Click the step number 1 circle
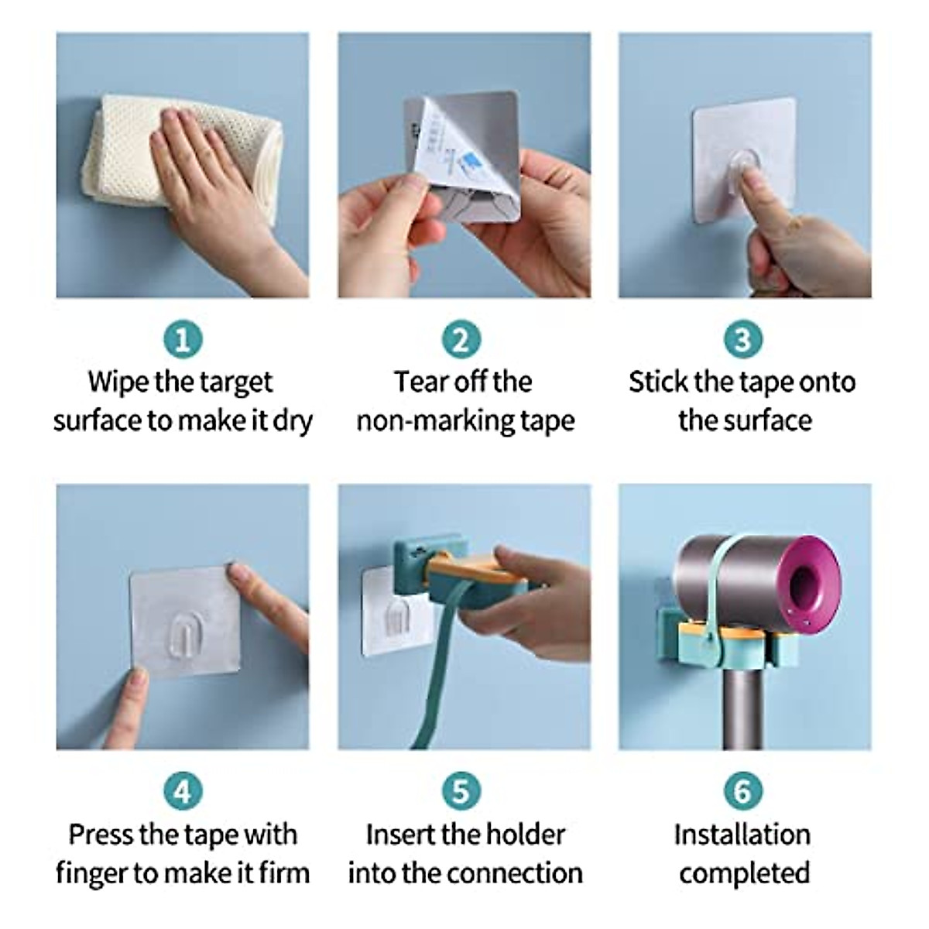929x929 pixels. tap(183, 339)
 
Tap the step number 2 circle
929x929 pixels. tap(461, 339)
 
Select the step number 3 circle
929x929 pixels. tap(742, 339)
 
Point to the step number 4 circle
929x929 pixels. tap(183, 791)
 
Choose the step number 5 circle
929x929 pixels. tap(461, 791)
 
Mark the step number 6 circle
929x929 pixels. tap(742, 791)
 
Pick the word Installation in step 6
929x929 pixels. tap(742, 835)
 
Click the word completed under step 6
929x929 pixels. tap(744, 873)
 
